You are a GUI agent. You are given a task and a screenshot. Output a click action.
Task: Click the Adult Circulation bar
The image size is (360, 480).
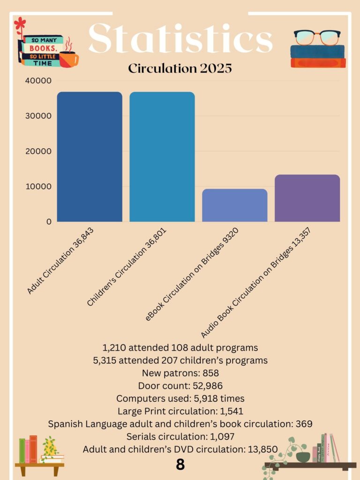(90, 157)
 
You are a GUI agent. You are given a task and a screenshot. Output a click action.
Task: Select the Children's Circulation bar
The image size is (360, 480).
(162, 157)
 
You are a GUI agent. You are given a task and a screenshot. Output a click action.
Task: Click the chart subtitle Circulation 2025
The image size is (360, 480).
(180, 68)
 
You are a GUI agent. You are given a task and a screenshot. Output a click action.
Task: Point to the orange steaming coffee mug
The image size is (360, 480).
(68, 58)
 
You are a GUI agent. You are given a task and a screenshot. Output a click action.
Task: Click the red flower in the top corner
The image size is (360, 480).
(20, 24)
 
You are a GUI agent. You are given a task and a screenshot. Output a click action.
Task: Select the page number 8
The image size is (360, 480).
(180, 465)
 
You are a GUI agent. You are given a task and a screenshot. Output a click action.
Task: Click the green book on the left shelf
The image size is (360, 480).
(22, 450)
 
